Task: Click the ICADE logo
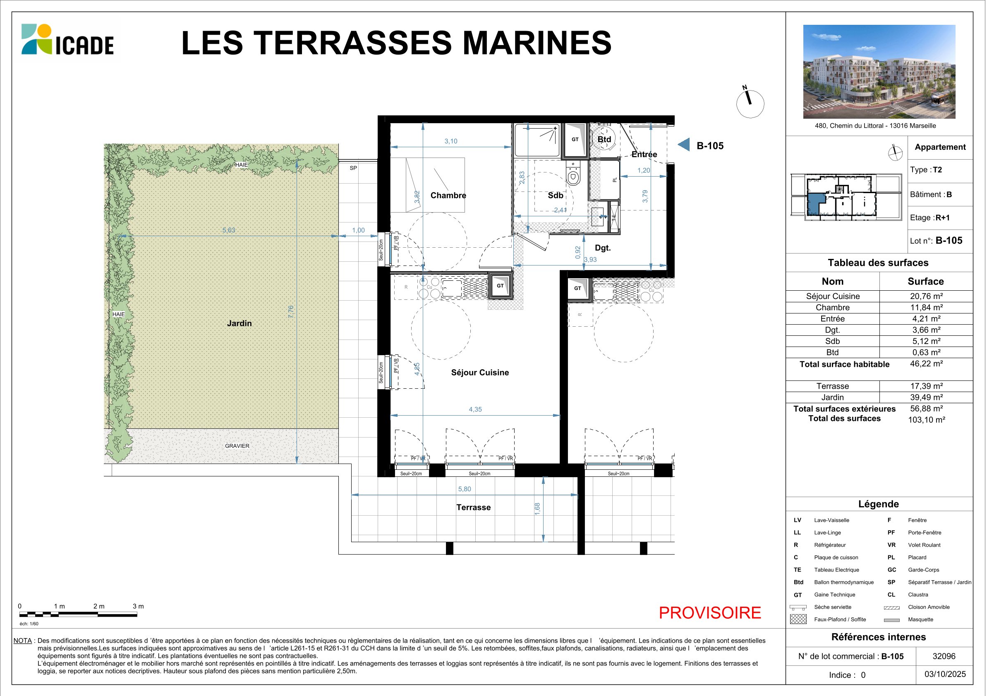(x=67, y=40)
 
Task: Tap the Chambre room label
(x=448, y=196)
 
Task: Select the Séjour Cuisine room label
(x=480, y=373)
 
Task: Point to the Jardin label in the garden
(x=240, y=323)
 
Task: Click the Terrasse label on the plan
(x=473, y=507)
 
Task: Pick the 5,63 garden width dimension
(x=229, y=230)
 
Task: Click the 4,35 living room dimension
(x=475, y=409)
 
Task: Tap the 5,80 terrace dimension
(x=464, y=489)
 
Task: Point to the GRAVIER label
(x=237, y=446)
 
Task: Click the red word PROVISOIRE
(x=710, y=612)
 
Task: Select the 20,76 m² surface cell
(x=926, y=296)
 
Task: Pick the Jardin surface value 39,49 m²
(x=926, y=397)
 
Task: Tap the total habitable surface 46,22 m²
(x=926, y=364)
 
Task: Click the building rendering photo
(x=879, y=72)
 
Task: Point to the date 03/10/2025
(x=945, y=674)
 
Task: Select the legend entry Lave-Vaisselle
(x=831, y=520)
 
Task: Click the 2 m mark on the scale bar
(x=99, y=606)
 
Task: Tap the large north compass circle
(x=750, y=103)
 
